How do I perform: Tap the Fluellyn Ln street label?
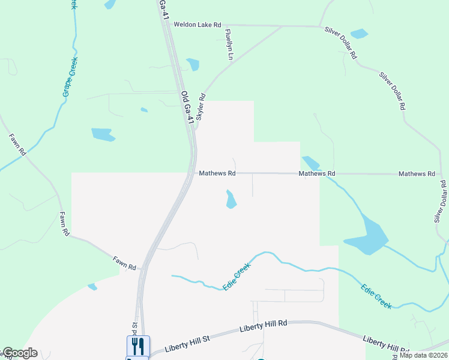click(228, 44)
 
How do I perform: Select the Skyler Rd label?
click(201, 108)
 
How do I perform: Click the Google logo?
click(20, 353)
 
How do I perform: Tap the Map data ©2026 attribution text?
click(423, 355)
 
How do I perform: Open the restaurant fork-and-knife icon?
click(137, 346)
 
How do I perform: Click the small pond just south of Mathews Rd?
click(231, 200)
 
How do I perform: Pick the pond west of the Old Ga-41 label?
click(103, 134)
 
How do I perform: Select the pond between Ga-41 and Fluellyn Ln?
click(193, 64)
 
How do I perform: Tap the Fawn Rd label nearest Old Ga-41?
click(125, 262)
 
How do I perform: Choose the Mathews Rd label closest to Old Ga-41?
click(217, 173)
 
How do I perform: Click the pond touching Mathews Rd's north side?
click(311, 163)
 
